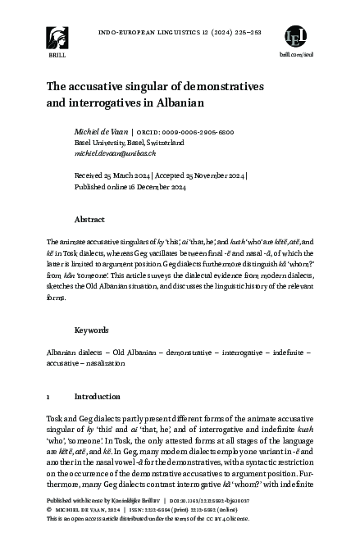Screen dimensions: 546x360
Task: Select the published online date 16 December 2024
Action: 162,185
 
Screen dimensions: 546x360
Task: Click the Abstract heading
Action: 89,220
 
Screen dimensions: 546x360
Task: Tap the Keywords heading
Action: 92,330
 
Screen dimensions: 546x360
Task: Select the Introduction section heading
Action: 98,396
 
